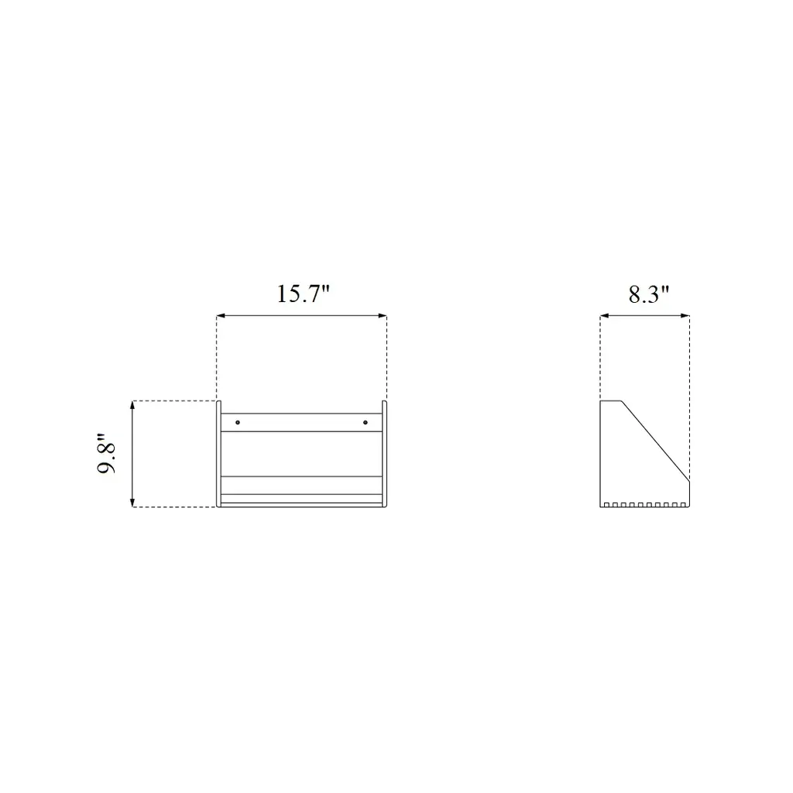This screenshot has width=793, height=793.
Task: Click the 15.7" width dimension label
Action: [x=303, y=294]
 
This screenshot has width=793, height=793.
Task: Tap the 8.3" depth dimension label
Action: [x=649, y=294]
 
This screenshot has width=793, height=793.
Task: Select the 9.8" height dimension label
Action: [x=107, y=453]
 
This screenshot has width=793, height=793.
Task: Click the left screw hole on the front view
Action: [x=238, y=422]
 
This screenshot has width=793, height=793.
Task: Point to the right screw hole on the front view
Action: [x=366, y=422]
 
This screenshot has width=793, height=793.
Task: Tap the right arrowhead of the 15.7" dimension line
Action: [x=383, y=316]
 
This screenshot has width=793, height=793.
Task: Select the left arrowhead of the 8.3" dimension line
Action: [x=604, y=316]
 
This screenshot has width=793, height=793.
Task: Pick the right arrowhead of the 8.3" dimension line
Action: [x=685, y=316]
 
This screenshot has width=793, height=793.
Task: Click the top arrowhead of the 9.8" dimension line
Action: [x=132, y=405]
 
